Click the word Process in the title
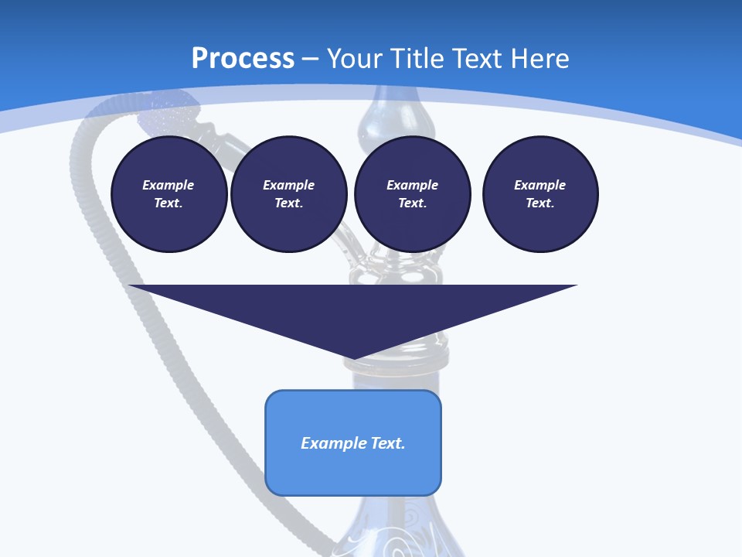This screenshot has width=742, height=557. pos(243,59)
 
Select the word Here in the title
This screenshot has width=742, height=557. pos(538,59)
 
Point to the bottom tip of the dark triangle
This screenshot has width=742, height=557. pos(353,357)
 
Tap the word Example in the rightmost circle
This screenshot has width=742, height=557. pos(539,185)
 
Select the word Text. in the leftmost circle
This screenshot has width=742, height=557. pos(168,203)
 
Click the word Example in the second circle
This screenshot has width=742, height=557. pos(288,185)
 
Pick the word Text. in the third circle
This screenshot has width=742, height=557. pos(412,203)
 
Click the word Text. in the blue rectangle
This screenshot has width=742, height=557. pos(387,443)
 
